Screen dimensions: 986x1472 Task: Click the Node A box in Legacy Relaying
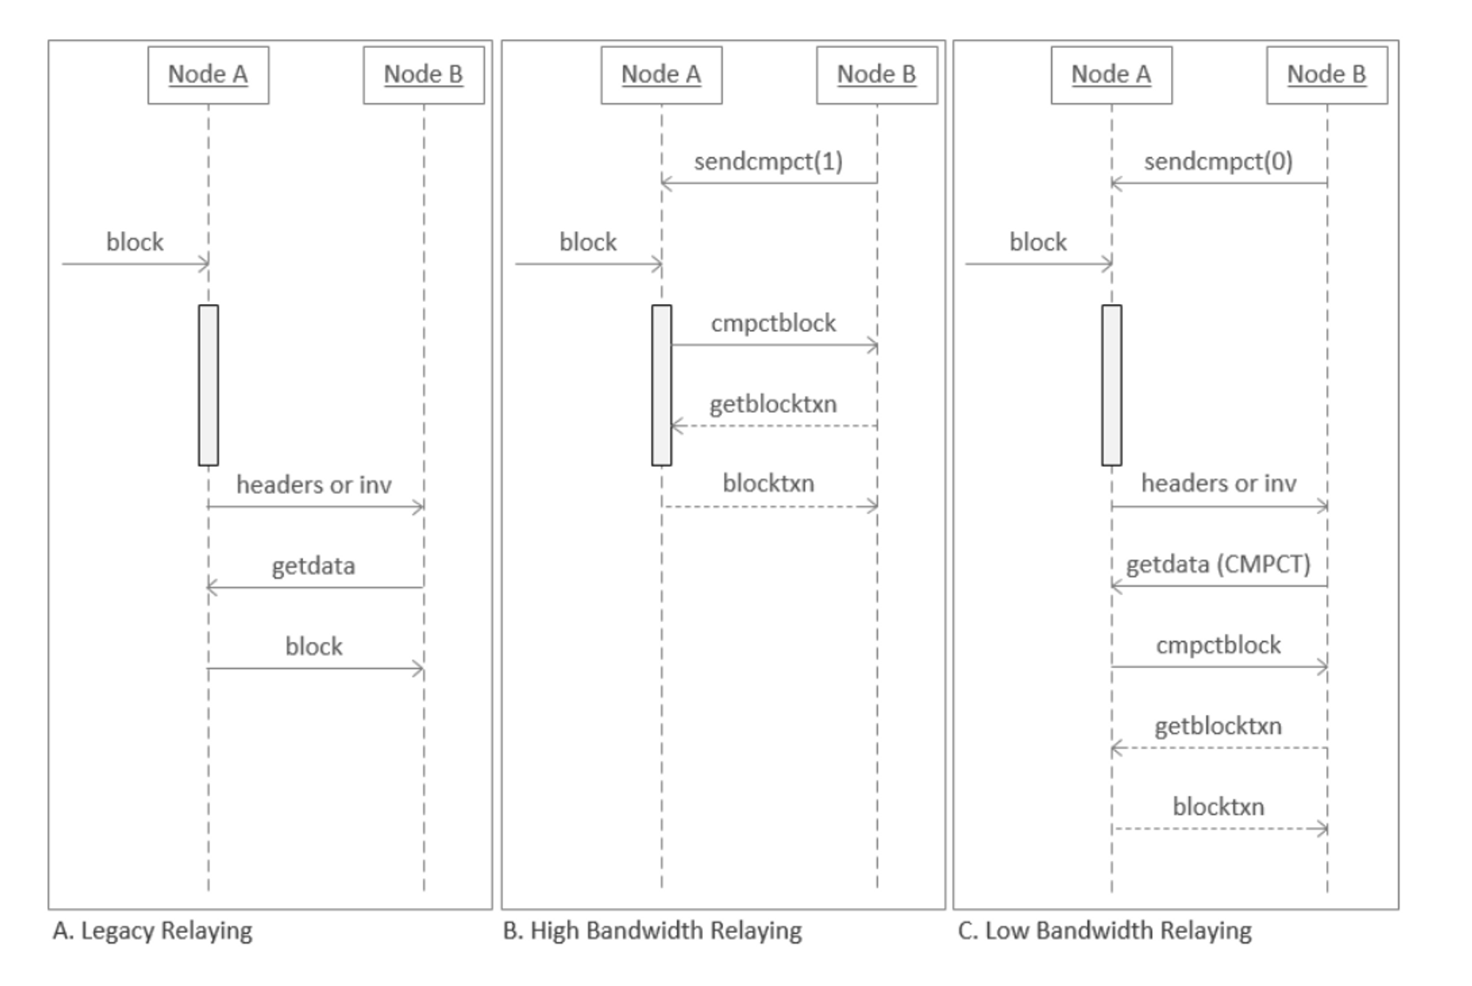point(208,75)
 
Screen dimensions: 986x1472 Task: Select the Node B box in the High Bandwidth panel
point(877,75)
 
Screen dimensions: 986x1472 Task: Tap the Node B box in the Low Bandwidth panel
point(1326,75)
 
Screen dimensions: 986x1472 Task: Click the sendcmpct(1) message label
point(768,161)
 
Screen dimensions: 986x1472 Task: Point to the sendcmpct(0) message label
point(1218,161)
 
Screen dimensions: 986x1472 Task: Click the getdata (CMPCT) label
point(1218,565)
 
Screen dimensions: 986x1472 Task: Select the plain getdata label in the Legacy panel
point(314,566)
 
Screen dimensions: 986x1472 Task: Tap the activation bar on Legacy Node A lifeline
point(208,385)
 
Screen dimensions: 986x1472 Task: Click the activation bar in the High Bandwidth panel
point(662,385)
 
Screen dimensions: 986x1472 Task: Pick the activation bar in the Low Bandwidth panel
point(1111,385)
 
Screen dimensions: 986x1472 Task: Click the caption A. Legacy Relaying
point(152,931)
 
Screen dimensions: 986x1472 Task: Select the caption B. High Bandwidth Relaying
point(652,931)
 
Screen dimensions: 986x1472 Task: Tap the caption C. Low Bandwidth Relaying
point(1104,931)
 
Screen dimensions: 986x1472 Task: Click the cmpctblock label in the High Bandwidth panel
point(773,323)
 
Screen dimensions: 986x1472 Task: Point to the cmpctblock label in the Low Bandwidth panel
point(1218,646)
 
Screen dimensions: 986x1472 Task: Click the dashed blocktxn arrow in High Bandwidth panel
point(769,507)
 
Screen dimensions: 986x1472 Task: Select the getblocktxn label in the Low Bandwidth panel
point(1218,727)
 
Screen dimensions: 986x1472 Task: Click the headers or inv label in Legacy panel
point(314,485)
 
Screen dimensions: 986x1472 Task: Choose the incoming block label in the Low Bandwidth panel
point(1038,242)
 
